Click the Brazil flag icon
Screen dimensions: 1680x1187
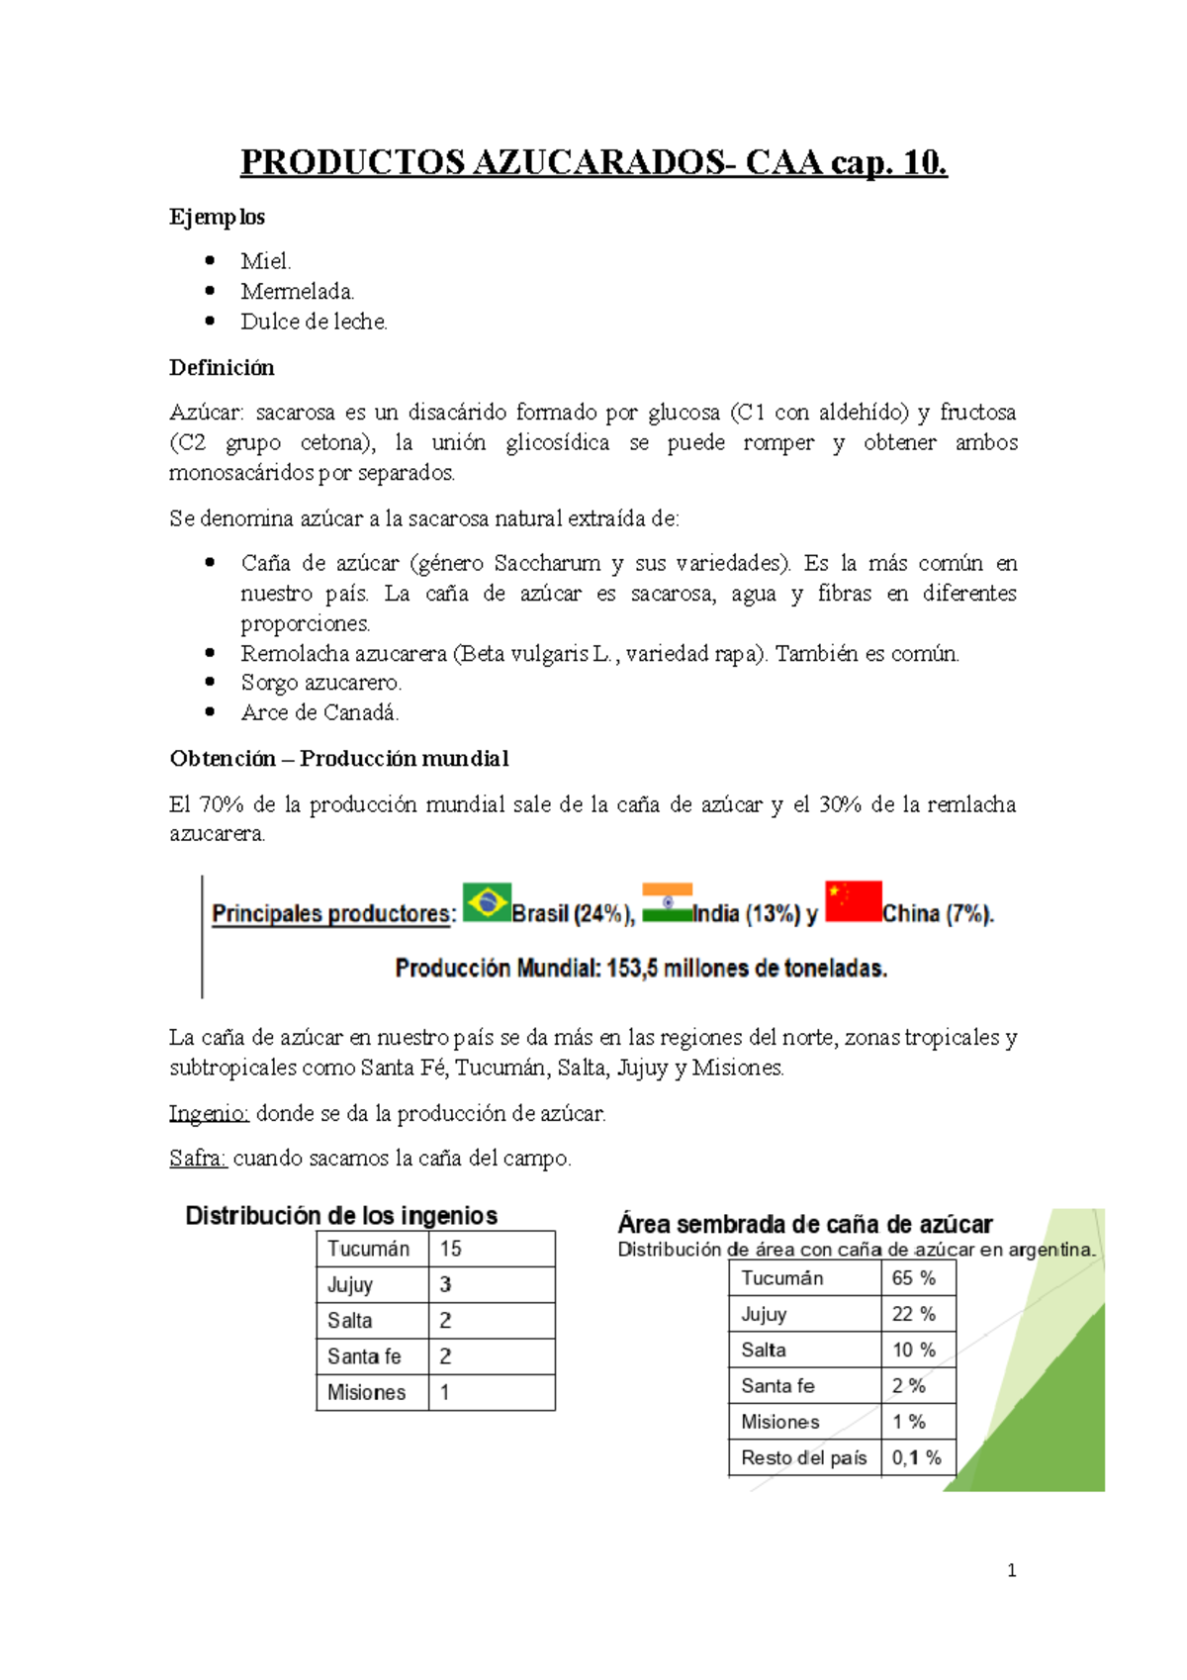(x=487, y=901)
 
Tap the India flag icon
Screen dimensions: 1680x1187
(x=667, y=902)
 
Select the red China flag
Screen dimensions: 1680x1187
(x=853, y=901)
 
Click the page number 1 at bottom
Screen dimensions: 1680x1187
(x=1011, y=1570)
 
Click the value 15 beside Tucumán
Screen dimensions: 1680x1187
(x=451, y=1249)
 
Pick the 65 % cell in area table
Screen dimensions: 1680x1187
(x=914, y=1278)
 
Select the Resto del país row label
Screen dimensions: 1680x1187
(x=803, y=1457)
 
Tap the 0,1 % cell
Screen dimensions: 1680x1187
(x=916, y=1457)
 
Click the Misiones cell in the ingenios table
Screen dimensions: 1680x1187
(x=367, y=1392)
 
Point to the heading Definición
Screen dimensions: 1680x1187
(x=222, y=368)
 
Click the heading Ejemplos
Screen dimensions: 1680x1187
(x=217, y=217)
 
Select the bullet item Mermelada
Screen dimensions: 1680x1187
(x=297, y=291)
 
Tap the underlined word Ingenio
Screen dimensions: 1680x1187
(x=209, y=1113)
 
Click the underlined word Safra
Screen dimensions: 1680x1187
(x=199, y=1158)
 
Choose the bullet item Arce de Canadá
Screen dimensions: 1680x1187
(x=320, y=712)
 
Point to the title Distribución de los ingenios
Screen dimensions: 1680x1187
(x=341, y=1215)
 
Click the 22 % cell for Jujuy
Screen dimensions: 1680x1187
(x=914, y=1314)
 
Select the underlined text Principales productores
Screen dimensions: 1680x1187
(x=332, y=913)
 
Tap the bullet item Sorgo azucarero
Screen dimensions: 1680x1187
(x=320, y=683)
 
